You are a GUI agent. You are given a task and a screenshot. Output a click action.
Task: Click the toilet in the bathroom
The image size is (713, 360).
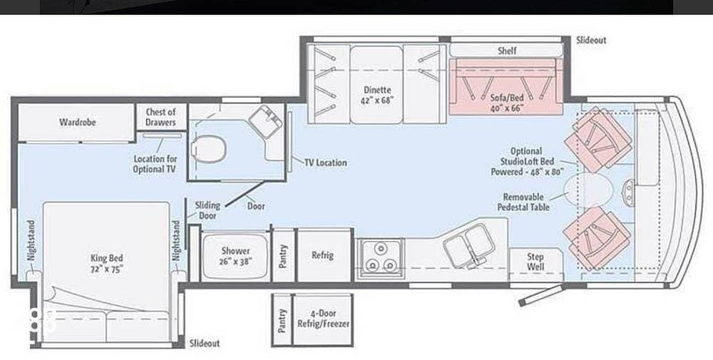pyautogui.click(x=208, y=149)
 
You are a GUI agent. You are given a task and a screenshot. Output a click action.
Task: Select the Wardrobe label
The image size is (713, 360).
pyautogui.click(x=77, y=122)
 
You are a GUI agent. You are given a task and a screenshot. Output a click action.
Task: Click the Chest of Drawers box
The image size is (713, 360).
pyautogui.click(x=161, y=117)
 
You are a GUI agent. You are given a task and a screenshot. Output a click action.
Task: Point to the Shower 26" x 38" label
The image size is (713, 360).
pyautogui.click(x=235, y=256)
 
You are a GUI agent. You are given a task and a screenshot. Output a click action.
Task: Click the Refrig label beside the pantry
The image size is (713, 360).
pyautogui.click(x=322, y=255)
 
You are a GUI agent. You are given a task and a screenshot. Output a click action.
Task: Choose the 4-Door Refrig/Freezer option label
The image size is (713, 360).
pyautogui.click(x=323, y=318)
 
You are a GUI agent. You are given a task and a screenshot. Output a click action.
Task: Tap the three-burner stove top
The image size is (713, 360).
pyautogui.click(x=381, y=258)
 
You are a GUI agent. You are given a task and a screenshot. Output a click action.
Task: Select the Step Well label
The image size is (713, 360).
pyautogui.click(x=535, y=262)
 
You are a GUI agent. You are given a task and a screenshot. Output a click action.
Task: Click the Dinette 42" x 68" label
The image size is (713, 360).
pyautogui.click(x=377, y=95)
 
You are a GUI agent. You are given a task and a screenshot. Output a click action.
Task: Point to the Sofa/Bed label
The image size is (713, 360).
pyautogui.click(x=506, y=102)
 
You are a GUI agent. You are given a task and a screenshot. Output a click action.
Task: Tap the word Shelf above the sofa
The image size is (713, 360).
pyautogui.click(x=507, y=51)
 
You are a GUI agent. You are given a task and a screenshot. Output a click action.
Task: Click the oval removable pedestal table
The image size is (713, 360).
pyautogui.click(x=588, y=190)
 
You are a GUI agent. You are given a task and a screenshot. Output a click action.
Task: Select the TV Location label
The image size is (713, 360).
pyautogui.click(x=325, y=163)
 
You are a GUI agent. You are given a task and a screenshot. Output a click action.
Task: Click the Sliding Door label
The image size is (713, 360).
pyautogui.click(x=207, y=210)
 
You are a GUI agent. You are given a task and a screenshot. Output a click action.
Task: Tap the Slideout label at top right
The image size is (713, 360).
pyautogui.click(x=591, y=40)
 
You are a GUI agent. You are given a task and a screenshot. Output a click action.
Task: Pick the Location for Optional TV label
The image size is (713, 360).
pyautogui.click(x=155, y=164)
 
